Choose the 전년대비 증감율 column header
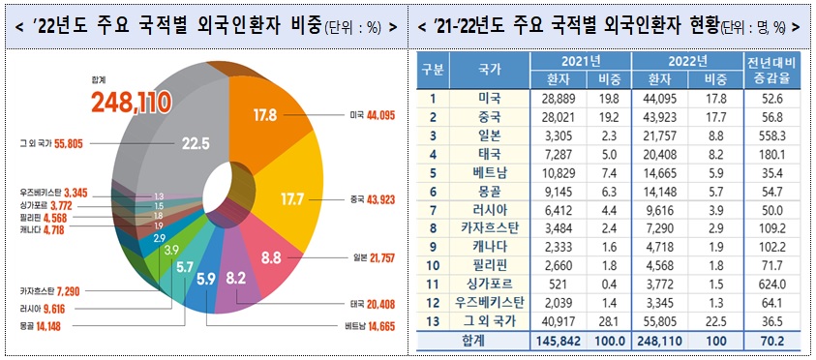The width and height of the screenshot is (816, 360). (770, 71)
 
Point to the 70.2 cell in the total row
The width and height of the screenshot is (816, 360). (770, 343)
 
